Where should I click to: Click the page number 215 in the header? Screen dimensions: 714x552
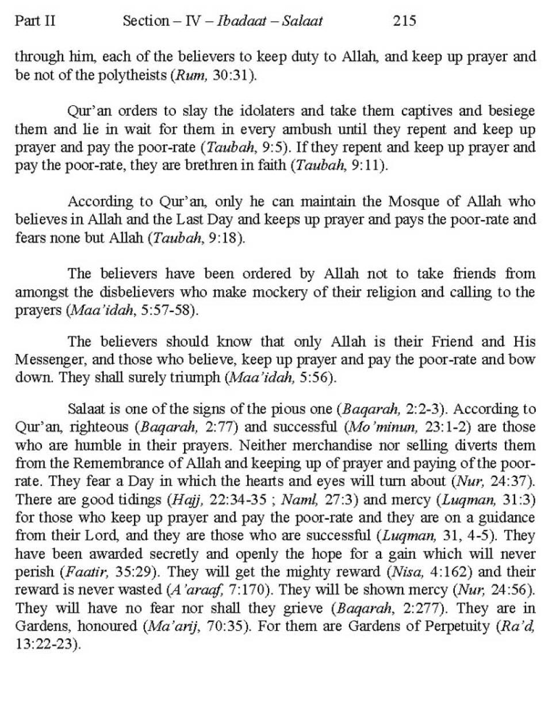coord(404,21)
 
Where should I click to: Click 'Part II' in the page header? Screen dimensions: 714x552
coord(35,21)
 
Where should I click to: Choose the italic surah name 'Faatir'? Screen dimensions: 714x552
coord(82,573)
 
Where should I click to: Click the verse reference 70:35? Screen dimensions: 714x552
coord(225,625)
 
